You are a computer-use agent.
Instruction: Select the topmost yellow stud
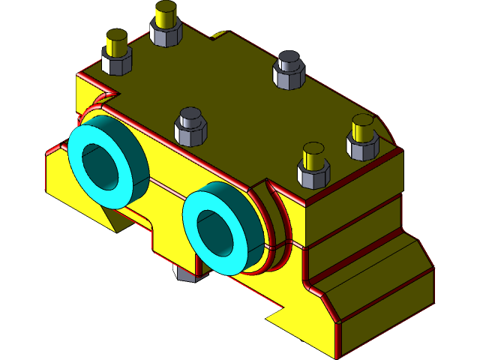click(166, 13)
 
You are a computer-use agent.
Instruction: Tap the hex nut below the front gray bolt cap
click(190, 135)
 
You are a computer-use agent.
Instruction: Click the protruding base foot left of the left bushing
click(57, 176)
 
